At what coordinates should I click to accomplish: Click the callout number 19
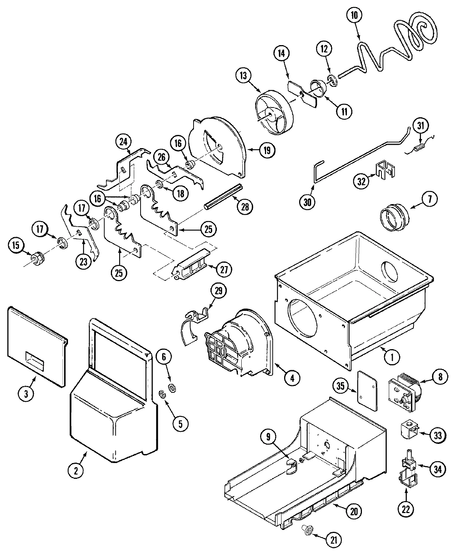tap(267, 150)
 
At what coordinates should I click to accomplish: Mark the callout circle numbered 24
tap(124, 142)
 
